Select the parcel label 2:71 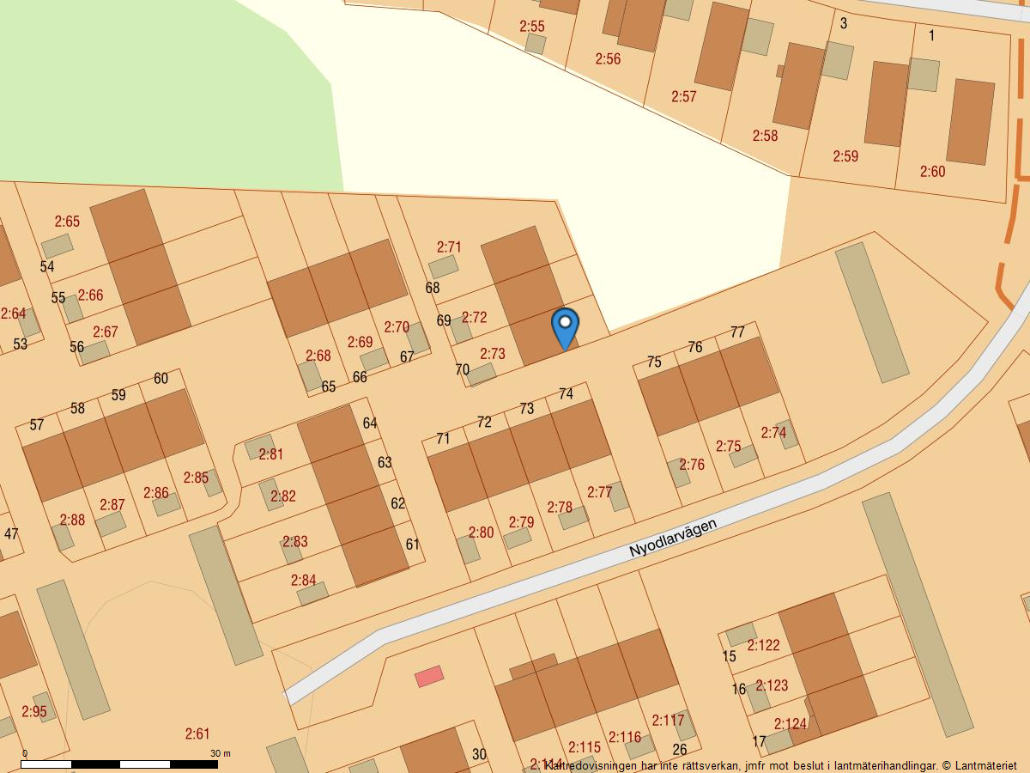(x=449, y=247)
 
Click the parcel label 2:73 (x=493, y=354)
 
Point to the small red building (x=429, y=677)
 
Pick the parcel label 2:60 (x=932, y=172)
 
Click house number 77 (x=737, y=332)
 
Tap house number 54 (x=47, y=267)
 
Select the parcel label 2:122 (x=763, y=645)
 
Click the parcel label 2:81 (x=270, y=454)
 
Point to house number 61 (x=413, y=544)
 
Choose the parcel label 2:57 (x=684, y=97)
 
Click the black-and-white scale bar (x=119, y=764)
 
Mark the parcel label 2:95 (x=34, y=712)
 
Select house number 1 (x=931, y=36)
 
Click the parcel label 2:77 (x=600, y=492)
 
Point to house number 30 (x=479, y=755)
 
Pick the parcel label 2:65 (x=67, y=222)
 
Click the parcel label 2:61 (x=197, y=733)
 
